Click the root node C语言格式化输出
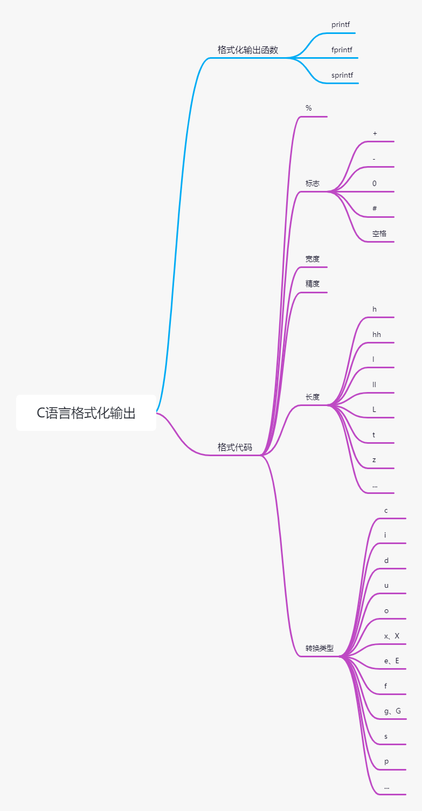click(86, 413)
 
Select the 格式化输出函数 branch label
click(248, 50)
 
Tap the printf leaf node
click(341, 25)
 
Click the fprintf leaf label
click(342, 50)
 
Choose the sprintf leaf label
click(342, 75)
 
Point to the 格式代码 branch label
click(234, 447)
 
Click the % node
click(309, 108)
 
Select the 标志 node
click(313, 183)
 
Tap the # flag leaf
click(375, 209)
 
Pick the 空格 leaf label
click(379, 233)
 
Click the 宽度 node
click(313, 259)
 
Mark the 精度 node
click(313, 284)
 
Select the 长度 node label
click(313, 397)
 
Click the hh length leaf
click(377, 334)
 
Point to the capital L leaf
click(375, 409)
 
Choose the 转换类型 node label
click(320, 648)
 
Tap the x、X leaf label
click(392, 636)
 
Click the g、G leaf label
click(392, 711)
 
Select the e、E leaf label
click(392, 661)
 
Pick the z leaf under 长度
click(374, 460)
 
